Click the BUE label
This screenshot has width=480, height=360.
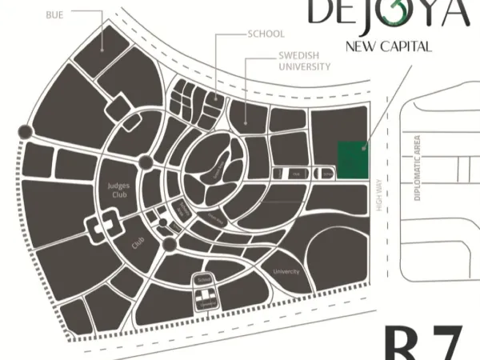[x=54, y=14]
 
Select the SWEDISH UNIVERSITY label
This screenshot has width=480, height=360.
[x=304, y=62]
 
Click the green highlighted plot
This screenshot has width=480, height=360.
[x=353, y=159]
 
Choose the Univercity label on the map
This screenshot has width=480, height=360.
[x=286, y=272]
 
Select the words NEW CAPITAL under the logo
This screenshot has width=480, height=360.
[x=389, y=46]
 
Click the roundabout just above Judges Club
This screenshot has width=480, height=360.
[x=146, y=162]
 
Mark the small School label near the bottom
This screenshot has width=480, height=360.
[x=203, y=279]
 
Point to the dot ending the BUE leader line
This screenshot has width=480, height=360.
[x=104, y=48]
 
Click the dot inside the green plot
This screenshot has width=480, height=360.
[x=364, y=146]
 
